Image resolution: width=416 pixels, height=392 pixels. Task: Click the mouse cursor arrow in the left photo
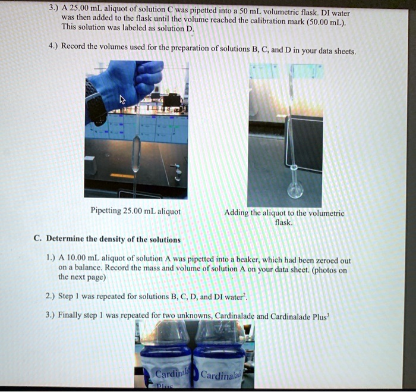pyautogui.click(x=123, y=99)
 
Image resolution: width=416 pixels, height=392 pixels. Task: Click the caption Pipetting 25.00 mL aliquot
pyautogui.click(x=135, y=211)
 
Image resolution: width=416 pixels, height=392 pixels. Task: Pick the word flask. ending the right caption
pyautogui.click(x=283, y=221)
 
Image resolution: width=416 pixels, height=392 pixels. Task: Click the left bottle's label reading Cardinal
pyautogui.click(x=168, y=374)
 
